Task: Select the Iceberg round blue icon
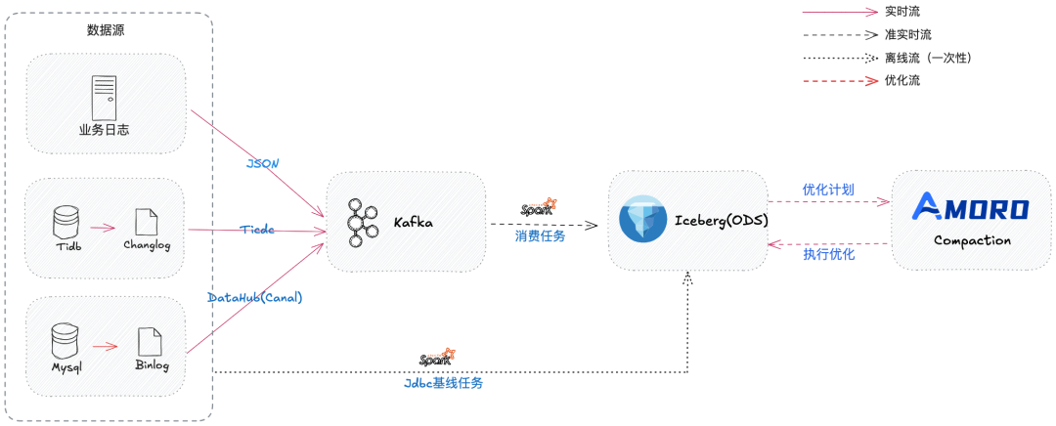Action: point(642,220)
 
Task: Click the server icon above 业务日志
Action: point(105,98)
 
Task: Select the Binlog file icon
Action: point(151,341)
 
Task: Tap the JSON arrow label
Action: point(263,164)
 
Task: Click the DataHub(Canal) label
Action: point(255,297)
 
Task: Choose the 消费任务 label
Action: point(541,235)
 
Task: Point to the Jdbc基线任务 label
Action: point(443,383)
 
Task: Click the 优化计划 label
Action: point(828,190)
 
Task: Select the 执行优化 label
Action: point(829,254)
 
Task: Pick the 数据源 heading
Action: point(106,30)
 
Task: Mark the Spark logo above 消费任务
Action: point(540,208)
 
